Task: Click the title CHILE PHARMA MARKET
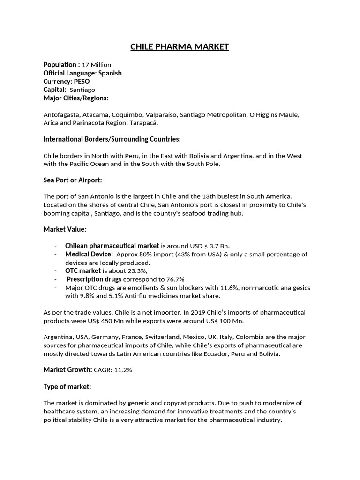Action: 180,46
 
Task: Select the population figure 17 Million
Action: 97,65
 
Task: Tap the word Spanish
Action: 111,73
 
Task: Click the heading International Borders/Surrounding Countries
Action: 112,139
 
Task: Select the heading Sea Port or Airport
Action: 73,180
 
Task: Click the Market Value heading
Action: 65,229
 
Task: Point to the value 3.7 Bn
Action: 220,246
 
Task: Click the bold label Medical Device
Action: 89,254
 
